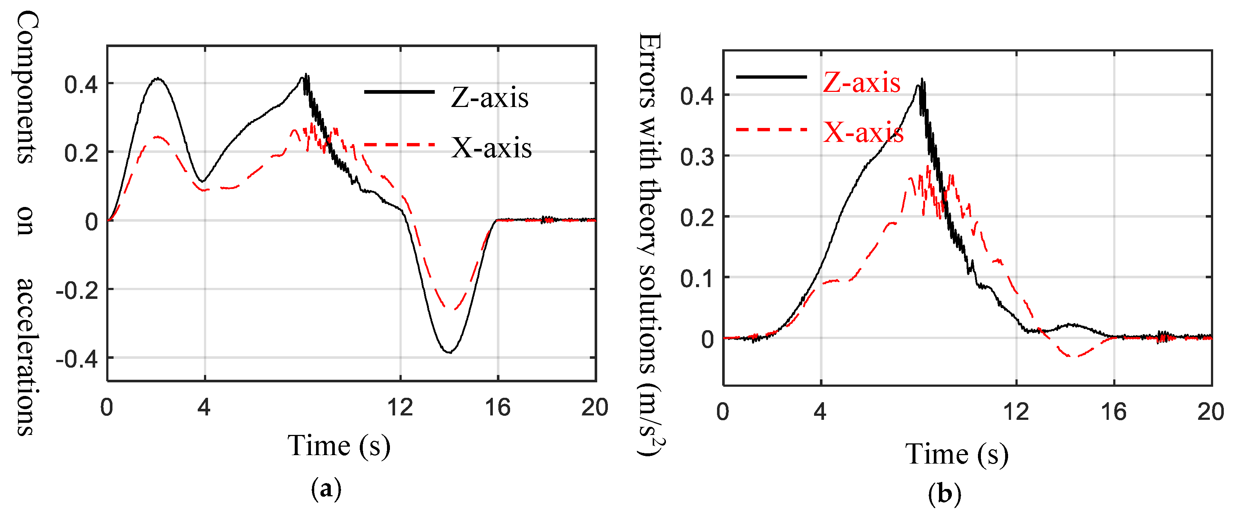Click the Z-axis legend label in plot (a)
tap(489, 98)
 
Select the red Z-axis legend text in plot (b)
tap(861, 82)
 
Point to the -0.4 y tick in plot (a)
tap(76, 358)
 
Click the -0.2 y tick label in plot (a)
tap(76, 290)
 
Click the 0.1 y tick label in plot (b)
tap(696, 279)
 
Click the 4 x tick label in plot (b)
tap(820, 412)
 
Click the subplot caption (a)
tap(326, 489)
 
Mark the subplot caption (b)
tap(944, 493)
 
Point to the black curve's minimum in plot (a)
tap(449, 352)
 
